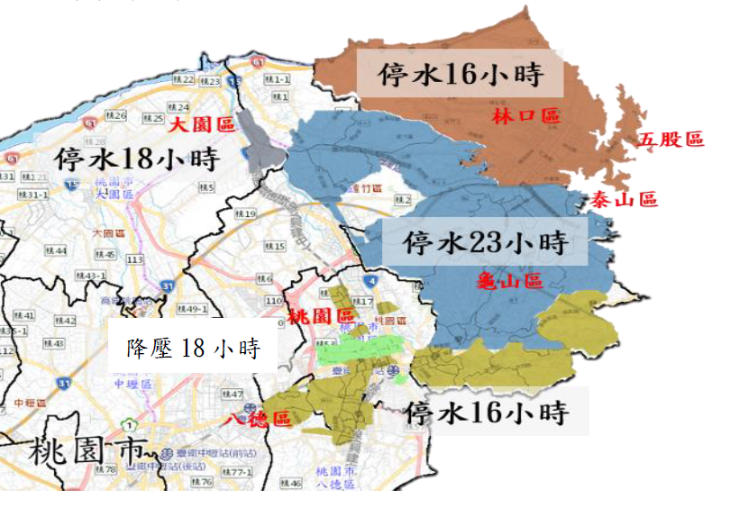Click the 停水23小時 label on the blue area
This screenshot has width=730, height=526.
[485, 241]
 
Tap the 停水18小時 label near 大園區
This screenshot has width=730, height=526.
[136, 160]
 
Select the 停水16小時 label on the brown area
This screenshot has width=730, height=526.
[461, 75]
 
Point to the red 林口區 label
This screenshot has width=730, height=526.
[526, 116]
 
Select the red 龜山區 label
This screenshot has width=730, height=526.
[509, 281]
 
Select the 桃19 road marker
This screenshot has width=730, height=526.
[245, 213]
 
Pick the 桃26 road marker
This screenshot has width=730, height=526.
[116, 115]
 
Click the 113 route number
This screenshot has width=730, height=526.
[135, 258]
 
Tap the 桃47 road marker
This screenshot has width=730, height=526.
[233, 394]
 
